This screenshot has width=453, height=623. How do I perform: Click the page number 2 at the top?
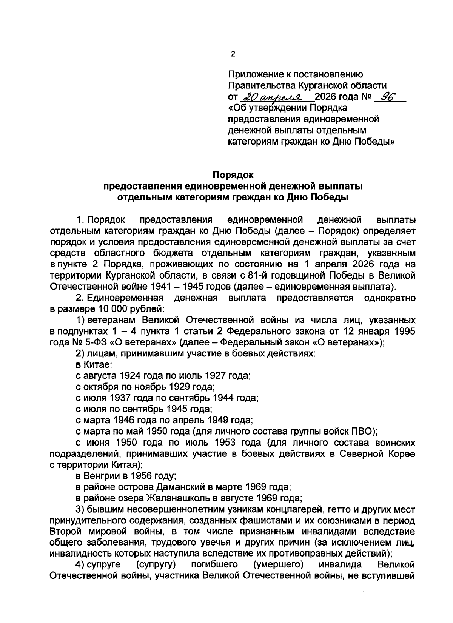click(x=233, y=54)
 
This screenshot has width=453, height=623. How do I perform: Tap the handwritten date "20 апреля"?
click(x=277, y=97)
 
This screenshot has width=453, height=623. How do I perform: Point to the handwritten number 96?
click(x=388, y=97)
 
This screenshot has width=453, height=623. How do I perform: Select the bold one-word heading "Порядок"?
click(x=233, y=175)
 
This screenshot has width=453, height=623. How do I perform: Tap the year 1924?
click(x=131, y=376)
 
